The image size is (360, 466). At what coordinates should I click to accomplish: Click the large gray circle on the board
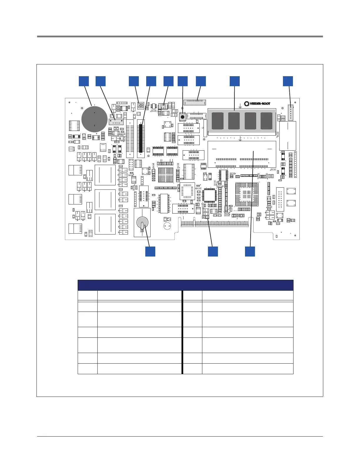[94, 119]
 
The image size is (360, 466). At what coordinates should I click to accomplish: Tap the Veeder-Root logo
[257, 104]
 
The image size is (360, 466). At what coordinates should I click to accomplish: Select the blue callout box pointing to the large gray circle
[84, 81]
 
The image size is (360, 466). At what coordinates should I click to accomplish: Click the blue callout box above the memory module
[234, 81]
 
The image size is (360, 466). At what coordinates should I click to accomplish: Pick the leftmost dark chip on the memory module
[218, 121]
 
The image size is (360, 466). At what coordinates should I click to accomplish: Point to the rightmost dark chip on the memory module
[266, 121]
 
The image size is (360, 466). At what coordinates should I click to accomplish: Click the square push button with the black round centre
[183, 117]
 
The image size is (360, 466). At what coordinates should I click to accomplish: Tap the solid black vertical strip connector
[141, 138]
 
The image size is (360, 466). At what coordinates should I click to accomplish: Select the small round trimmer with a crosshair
[141, 106]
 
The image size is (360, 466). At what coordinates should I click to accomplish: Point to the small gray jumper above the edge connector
[206, 217]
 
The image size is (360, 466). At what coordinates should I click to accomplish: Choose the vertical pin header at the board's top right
[291, 113]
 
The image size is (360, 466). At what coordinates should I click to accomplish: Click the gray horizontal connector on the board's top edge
[195, 102]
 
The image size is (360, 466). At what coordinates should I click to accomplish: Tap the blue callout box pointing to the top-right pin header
[288, 81]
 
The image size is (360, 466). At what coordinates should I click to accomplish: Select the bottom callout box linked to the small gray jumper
[213, 252]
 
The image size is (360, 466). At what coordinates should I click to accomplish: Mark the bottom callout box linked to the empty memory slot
[250, 252]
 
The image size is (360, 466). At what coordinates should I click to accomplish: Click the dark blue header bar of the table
[185, 285]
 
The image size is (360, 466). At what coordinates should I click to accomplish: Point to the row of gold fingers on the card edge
[215, 224]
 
